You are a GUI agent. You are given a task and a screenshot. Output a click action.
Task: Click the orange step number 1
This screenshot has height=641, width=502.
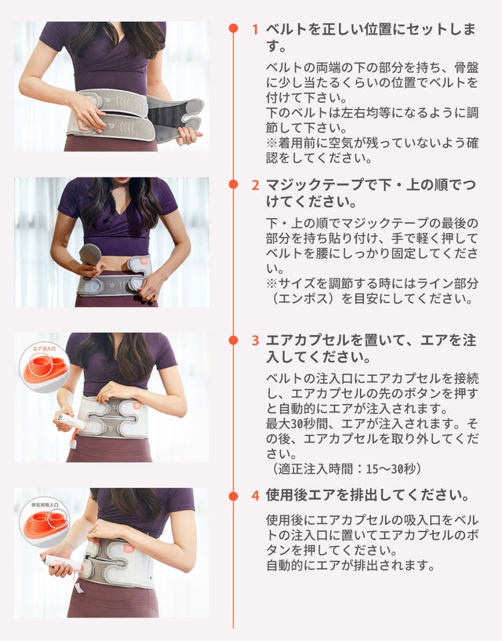click(256, 30)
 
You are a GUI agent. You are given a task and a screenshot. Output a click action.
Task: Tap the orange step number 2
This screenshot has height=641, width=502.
click(256, 185)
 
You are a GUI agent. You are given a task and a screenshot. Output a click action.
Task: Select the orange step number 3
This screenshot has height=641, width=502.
click(256, 341)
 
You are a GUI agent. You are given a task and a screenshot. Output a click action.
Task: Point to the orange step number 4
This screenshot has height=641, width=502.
click(256, 496)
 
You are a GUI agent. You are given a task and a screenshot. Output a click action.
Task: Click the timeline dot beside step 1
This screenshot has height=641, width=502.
click(234, 28)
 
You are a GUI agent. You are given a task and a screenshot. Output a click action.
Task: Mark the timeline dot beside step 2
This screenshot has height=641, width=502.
click(234, 184)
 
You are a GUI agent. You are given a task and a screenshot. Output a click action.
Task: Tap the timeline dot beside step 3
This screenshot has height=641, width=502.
click(234, 341)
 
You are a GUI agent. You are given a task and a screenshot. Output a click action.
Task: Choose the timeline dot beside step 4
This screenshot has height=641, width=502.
click(234, 496)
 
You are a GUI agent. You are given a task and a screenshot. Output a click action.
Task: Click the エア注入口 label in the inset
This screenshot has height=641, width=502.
click(44, 348)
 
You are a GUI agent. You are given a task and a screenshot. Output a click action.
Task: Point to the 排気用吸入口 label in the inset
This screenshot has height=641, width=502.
click(45, 504)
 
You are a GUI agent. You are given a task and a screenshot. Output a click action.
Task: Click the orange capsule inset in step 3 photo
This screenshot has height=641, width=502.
click(45, 367)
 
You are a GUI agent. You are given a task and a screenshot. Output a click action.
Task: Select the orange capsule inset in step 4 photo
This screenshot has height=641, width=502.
click(45, 523)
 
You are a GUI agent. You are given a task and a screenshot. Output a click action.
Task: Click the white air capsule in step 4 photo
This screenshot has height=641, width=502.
click(64, 563)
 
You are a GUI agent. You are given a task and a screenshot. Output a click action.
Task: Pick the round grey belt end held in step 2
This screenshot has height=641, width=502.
click(90, 254)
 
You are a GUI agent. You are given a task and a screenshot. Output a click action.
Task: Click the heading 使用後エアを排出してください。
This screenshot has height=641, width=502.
click(368, 495)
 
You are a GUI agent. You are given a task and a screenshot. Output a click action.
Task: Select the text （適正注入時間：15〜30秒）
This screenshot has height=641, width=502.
click(347, 468)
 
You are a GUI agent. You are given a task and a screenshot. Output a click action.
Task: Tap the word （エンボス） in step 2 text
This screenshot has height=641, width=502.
click(303, 298)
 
